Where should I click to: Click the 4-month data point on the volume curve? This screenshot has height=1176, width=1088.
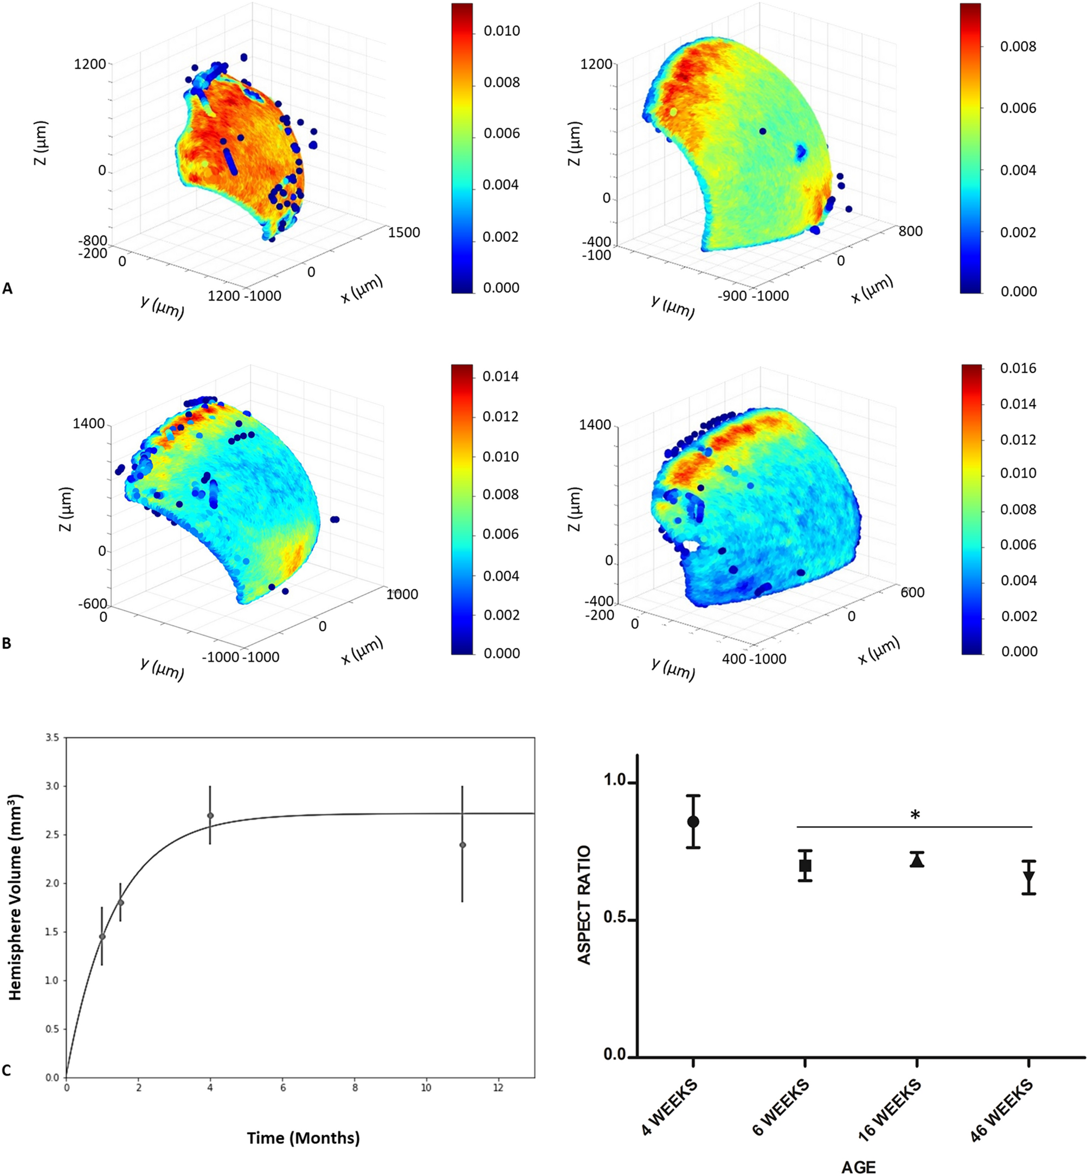[210, 815]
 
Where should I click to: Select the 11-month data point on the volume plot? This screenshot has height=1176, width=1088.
[462, 845]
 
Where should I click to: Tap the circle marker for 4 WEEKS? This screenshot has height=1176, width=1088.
[693, 821]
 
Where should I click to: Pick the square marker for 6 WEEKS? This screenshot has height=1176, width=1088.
[805, 866]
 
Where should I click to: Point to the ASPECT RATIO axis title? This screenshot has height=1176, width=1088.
[584, 905]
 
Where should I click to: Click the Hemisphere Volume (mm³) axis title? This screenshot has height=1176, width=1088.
[15, 897]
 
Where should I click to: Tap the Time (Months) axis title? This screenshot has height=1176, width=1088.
[302, 1138]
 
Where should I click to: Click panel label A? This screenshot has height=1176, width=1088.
[7, 288]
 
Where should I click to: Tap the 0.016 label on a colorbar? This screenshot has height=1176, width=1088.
[1018, 369]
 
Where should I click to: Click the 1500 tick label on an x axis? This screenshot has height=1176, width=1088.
[404, 233]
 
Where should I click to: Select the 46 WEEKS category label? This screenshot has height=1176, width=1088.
[1001, 1110]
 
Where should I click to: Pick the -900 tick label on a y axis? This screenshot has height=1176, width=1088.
[732, 295]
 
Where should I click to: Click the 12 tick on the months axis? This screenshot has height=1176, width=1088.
[498, 1088]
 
